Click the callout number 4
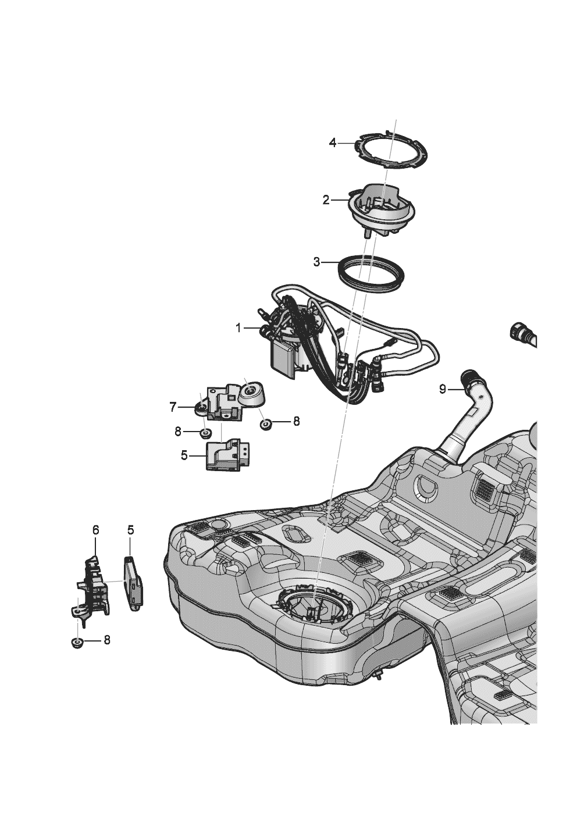pyautogui.click(x=333, y=142)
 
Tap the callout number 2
pyautogui.click(x=326, y=200)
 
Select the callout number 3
pyautogui.click(x=317, y=262)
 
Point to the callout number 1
pyautogui.click(x=238, y=329)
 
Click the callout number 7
pyautogui.click(x=173, y=408)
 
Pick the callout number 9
pyautogui.click(x=443, y=389)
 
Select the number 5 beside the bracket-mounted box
pyautogui.click(x=184, y=455)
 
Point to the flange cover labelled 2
pyautogui.click(x=381, y=209)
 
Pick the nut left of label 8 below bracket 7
pyautogui.click(x=205, y=433)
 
